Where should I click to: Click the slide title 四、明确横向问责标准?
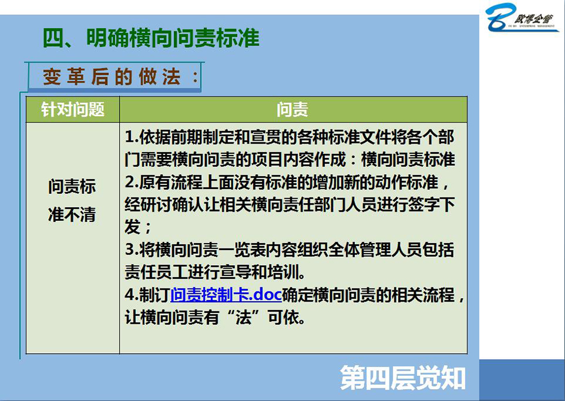151,38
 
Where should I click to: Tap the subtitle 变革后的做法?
112,77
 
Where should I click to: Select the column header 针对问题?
73,109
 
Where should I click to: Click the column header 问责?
293,109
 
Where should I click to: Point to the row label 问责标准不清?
72,200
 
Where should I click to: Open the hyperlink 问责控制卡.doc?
226,295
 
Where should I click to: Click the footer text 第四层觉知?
402,378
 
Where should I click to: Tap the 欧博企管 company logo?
521,18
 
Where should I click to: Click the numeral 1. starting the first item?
132,137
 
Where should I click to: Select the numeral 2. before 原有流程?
132,183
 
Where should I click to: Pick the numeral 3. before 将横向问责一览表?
132,250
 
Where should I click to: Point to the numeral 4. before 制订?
132,295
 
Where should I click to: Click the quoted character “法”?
244,318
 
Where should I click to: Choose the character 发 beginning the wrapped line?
133,227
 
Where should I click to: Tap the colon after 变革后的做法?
195,77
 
